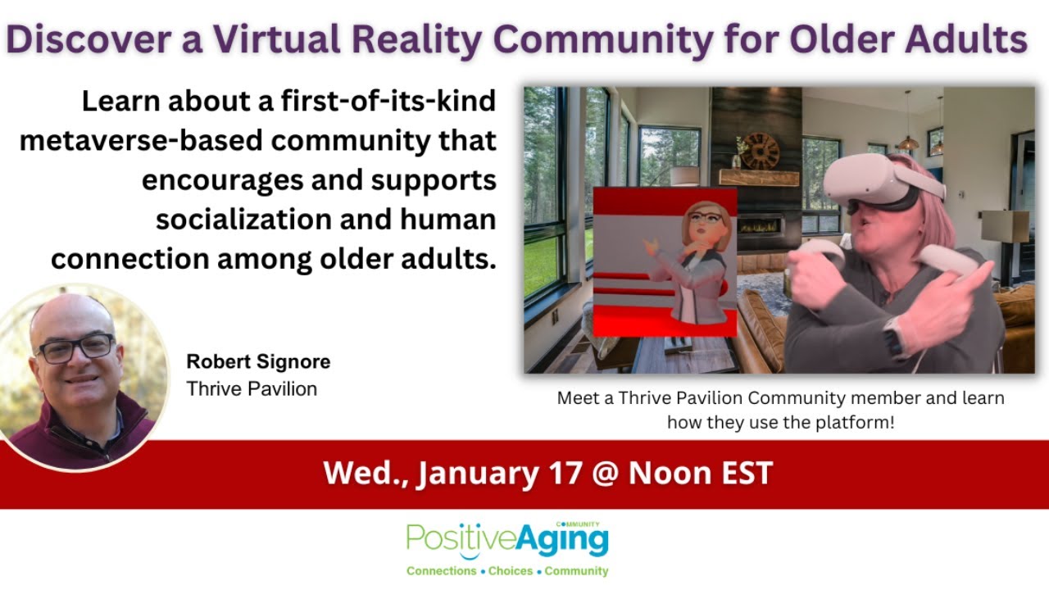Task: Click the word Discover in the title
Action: click(91, 39)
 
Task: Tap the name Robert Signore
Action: click(258, 361)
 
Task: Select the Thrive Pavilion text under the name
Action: click(252, 388)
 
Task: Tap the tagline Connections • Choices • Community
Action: click(507, 570)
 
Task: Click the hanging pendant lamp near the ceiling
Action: click(907, 141)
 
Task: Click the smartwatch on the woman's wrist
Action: click(894, 336)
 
